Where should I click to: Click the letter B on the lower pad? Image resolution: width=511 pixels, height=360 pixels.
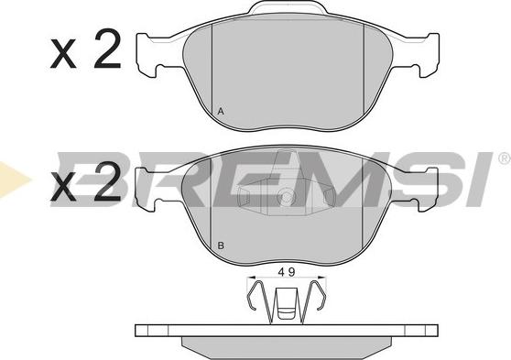(220, 245)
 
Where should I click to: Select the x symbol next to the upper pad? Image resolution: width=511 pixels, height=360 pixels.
(65, 57)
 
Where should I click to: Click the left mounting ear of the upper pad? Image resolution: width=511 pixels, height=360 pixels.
(151, 56)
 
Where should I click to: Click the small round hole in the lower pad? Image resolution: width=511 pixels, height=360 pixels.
(287, 194)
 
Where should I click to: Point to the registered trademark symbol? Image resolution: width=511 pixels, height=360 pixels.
(504, 159)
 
